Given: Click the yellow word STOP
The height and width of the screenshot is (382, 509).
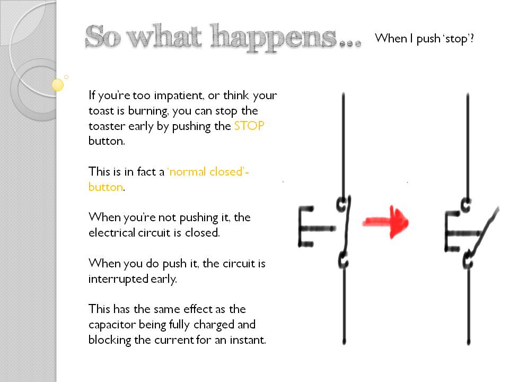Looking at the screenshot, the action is point(249,126).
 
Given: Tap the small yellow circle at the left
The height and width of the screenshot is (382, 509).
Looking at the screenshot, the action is point(58,84).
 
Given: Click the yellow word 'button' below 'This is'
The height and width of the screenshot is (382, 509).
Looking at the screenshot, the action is point(105,187).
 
